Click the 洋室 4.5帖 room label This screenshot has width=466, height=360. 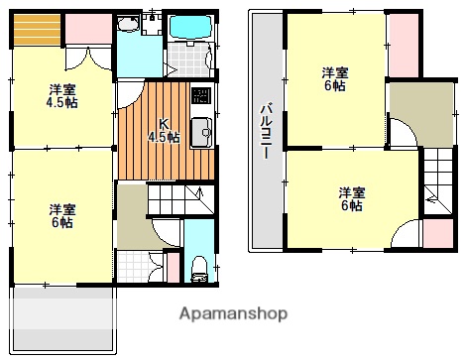pos(62,95)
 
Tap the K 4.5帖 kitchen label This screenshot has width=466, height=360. pos(164,131)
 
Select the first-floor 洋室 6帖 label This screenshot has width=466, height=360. pos(61,215)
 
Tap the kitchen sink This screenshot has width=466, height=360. pos(201,130)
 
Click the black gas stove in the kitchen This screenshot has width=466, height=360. pos(201,98)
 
